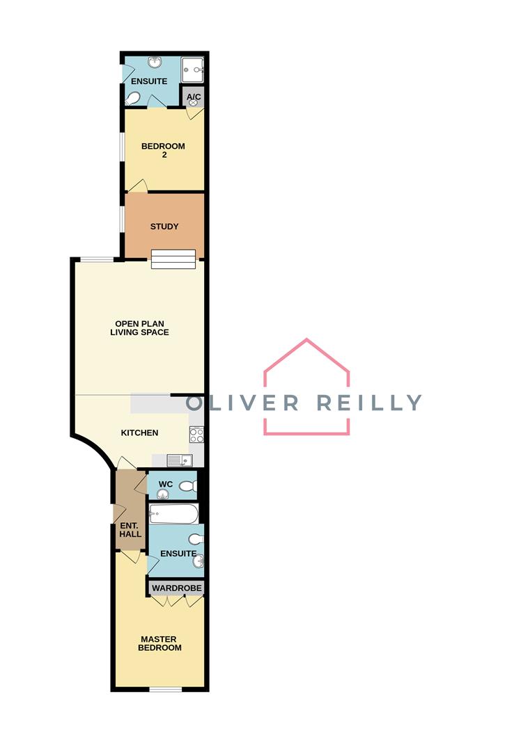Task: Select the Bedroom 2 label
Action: pos(163,150)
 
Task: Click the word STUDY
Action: pos(164,227)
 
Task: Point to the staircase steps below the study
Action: pos(173,259)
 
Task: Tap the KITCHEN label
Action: pos(139,433)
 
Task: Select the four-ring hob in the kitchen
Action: pos(196,435)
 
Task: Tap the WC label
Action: pos(166,484)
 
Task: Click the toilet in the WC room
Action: pos(187,486)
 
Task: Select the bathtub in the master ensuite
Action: pos(173,514)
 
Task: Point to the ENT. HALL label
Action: pos(130,529)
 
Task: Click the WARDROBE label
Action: pos(177,588)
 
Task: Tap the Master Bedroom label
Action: pos(161,643)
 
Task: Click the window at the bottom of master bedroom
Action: pos(166,690)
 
